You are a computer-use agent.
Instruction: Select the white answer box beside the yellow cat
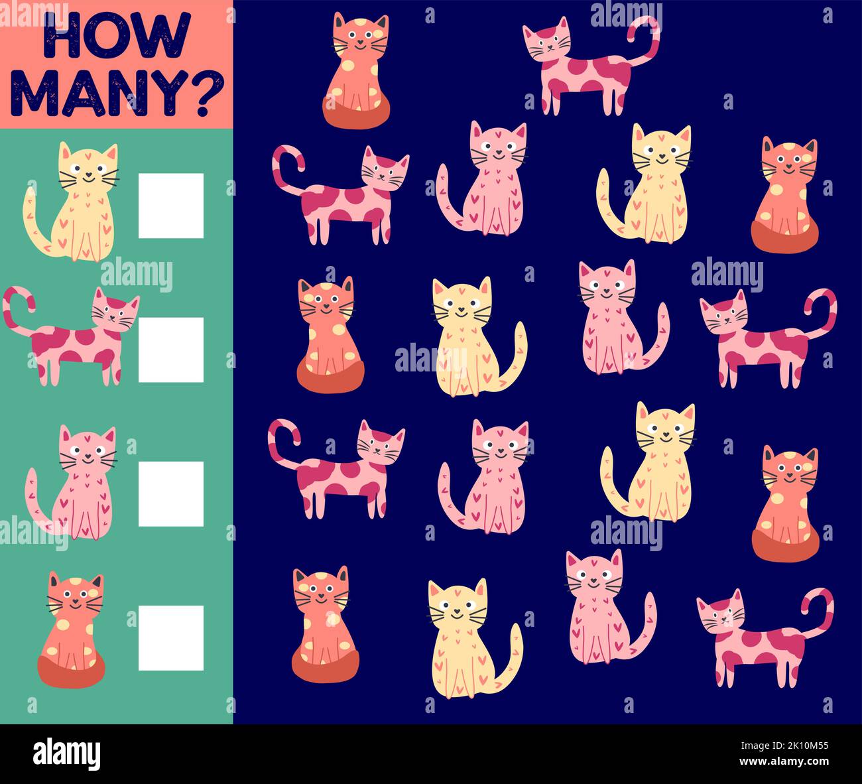pyautogui.click(x=170, y=206)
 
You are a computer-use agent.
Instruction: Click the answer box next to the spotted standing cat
pyautogui.click(x=170, y=350)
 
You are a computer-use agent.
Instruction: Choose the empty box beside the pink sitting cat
pyautogui.click(x=170, y=493)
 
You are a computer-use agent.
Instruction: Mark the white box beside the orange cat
pyautogui.click(x=170, y=637)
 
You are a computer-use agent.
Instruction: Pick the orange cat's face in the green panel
pyautogui.click(x=75, y=600)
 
